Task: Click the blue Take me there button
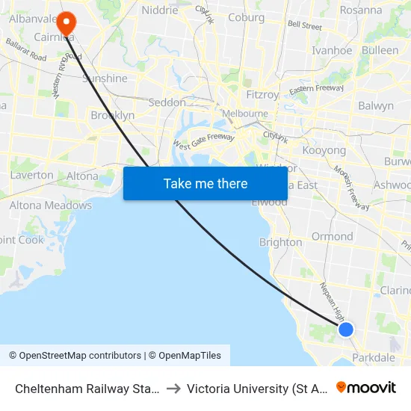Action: click(x=205, y=183)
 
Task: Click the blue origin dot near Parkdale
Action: click(x=346, y=329)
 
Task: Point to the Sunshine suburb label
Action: click(x=105, y=78)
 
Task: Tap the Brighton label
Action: click(x=280, y=242)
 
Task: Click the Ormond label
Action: click(x=333, y=236)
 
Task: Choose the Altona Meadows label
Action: click(x=51, y=205)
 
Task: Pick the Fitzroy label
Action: click(x=262, y=95)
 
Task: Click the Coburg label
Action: click(x=247, y=17)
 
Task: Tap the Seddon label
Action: click(x=167, y=102)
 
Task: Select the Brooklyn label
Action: click(x=112, y=115)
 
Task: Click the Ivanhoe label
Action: click(x=332, y=51)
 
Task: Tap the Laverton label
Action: click(x=32, y=175)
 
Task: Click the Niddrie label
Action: click(x=160, y=10)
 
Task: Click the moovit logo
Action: click(x=366, y=388)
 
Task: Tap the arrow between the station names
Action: click(x=173, y=389)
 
